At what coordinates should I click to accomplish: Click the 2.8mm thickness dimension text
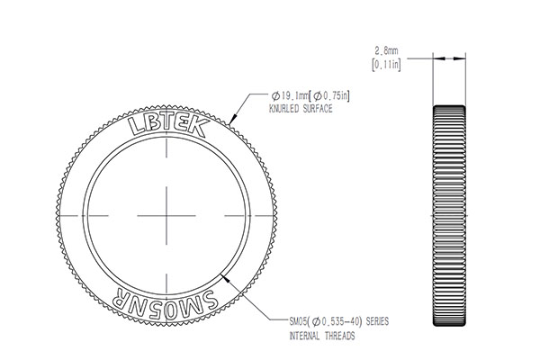pos(386,51)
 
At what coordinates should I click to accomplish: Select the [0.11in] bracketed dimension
pos(386,65)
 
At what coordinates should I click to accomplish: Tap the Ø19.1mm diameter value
pos(289,95)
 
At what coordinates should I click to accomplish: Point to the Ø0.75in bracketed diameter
pos(331,95)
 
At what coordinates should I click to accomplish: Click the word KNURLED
pos(283,109)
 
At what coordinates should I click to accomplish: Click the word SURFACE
pos(318,109)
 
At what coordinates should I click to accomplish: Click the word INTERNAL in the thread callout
pos(304,336)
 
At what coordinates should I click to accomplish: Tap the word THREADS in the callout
pos(339,336)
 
